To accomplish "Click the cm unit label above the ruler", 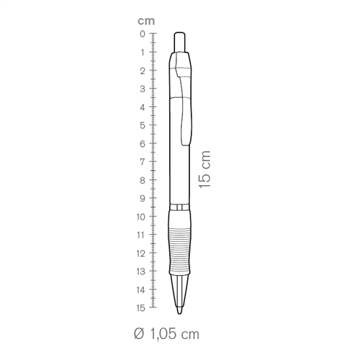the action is click(146, 21).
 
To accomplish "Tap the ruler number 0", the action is click(143, 34).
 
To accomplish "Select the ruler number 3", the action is click(143, 89).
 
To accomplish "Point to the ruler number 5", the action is click(143, 125).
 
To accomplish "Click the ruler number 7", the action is click(143, 162).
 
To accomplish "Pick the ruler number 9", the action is click(143, 199).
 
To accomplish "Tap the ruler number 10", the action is click(141, 217).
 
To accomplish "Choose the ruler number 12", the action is click(141, 253).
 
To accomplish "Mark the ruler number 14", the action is click(141, 290).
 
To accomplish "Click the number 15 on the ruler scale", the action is click(141, 308).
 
